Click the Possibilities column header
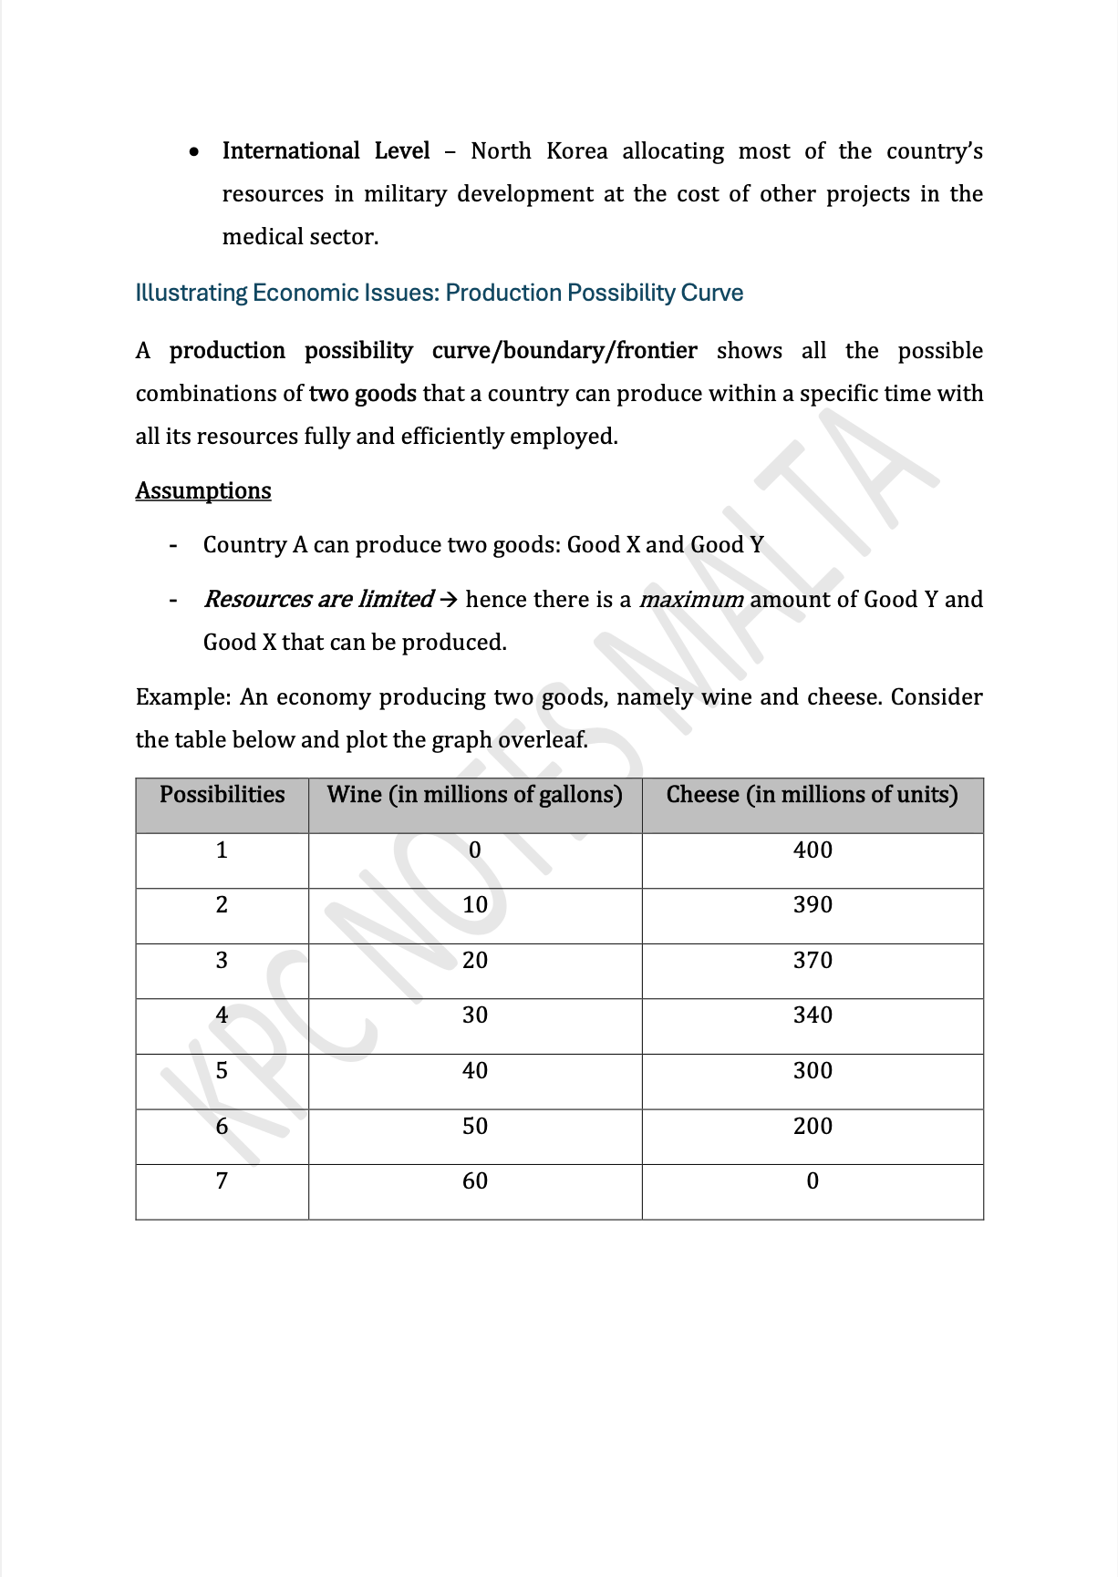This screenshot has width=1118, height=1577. tap(222, 795)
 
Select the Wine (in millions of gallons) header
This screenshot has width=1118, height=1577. tap(474, 795)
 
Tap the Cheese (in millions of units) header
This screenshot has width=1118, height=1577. tap(812, 795)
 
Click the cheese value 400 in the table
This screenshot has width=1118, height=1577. tap(812, 850)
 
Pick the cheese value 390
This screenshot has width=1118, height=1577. tap(812, 905)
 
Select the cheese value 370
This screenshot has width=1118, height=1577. tap(812, 961)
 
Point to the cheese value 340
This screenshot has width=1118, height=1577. tap(812, 1015)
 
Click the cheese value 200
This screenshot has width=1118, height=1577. tap(812, 1127)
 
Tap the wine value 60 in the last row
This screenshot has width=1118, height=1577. tap(474, 1181)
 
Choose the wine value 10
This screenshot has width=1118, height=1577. tap(474, 905)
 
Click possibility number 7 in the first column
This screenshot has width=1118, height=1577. tap(222, 1181)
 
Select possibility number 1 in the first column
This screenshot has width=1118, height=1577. tap(222, 850)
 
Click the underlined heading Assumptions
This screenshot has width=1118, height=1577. tap(203, 491)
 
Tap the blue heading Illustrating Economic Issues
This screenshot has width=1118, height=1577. tap(439, 294)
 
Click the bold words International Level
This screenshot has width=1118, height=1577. tap(326, 151)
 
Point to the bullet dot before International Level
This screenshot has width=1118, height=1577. tap(194, 152)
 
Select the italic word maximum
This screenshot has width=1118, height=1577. tap(691, 600)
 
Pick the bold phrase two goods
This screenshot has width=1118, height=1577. tap(362, 394)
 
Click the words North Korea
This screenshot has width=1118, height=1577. tap(538, 151)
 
